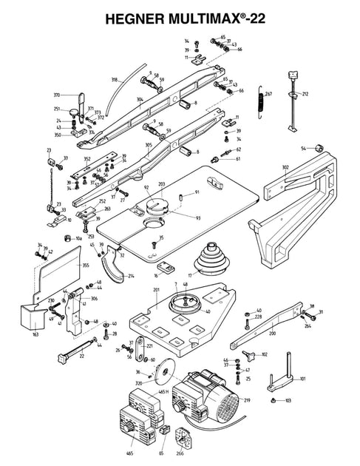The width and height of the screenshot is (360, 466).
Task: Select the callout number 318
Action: tap(115, 79)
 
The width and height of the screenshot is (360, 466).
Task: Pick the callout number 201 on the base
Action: tap(156, 291)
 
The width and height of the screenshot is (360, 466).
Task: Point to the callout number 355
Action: tap(85, 264)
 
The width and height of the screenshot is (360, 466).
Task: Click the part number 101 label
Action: tap(302, 379)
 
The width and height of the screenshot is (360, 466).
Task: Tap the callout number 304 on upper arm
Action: tap(139, 98)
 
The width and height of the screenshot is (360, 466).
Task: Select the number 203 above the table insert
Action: tap(162, 183)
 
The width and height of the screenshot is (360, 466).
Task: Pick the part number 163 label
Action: tap(36, 334)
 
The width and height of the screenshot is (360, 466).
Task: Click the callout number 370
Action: tap(56, 95)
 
